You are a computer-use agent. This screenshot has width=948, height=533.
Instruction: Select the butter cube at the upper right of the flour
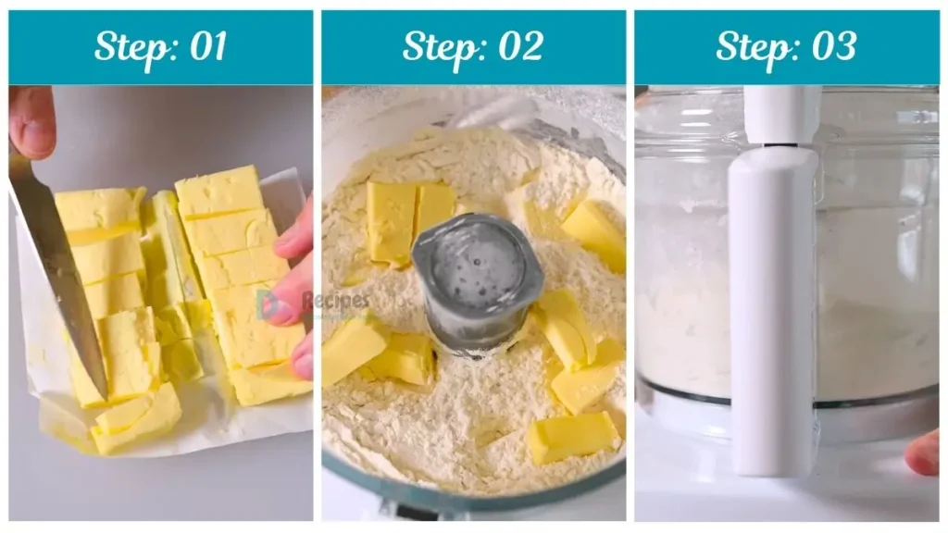[x=594, y=233]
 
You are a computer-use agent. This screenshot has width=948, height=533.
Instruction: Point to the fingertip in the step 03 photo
[x=924, y=452]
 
